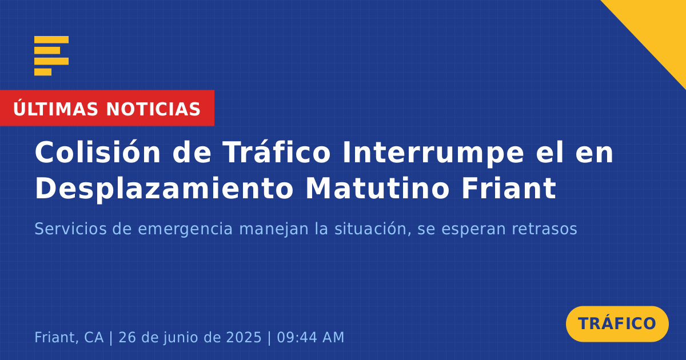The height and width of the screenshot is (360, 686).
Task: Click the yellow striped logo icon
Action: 51,56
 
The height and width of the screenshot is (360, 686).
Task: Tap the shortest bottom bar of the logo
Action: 43,72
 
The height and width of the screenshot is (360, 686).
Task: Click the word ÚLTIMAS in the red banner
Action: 55,108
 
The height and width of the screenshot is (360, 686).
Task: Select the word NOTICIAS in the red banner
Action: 153,109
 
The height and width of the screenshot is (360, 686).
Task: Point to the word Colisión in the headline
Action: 98,152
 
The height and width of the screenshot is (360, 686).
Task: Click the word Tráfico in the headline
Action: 276,152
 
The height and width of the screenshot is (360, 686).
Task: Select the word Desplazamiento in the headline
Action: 165,188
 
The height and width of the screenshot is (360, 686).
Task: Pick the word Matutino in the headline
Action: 378,188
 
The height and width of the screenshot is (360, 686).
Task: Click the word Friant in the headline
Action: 509,188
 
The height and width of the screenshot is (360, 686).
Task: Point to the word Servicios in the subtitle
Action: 70,229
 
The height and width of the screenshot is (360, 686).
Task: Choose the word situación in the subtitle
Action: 372,229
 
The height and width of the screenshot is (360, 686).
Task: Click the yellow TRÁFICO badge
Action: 617,323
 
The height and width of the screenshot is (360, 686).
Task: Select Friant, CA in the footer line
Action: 69,337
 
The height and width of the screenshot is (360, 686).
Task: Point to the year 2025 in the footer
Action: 244,337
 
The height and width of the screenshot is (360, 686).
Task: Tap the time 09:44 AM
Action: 310,337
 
